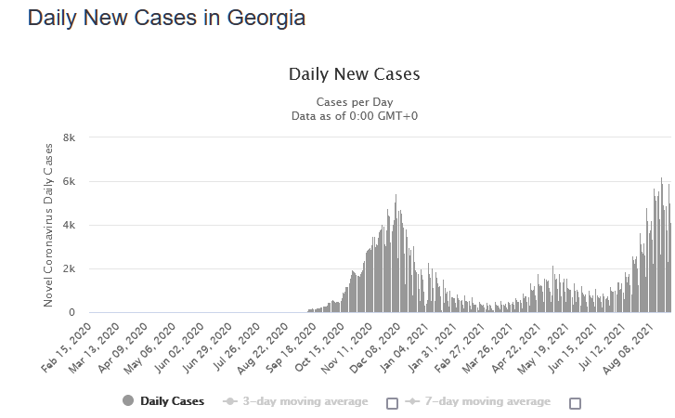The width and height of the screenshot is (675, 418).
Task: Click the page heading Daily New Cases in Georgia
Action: (x=166, y=19)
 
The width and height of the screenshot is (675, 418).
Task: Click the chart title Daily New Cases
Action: (x=354, y=74)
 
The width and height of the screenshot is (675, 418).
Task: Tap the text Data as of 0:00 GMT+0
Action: (x=354, y=115)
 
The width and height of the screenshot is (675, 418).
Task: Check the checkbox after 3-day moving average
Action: (x=392, y=403)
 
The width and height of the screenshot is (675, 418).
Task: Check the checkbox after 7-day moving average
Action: (x=575, y=403)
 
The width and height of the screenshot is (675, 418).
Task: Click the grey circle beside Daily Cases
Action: (x=128, y=402)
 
